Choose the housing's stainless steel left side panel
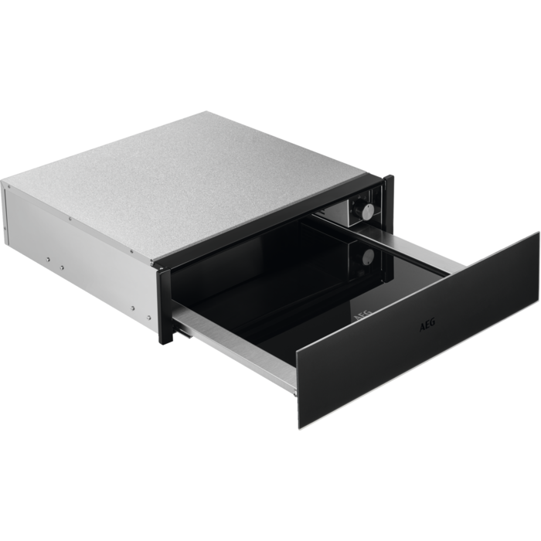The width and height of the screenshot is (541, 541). click(77, 240)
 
